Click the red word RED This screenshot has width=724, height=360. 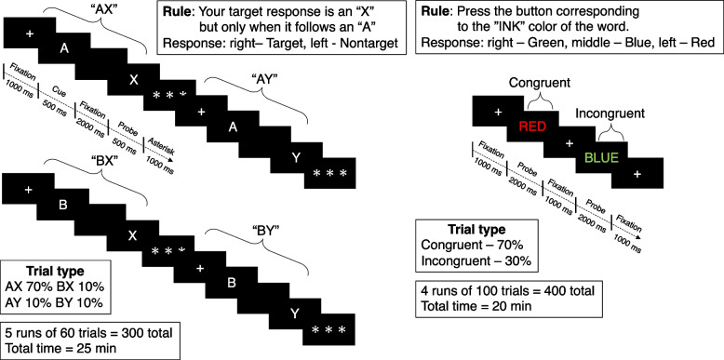tap(533, 127)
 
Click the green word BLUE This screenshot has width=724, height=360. tap(601, 158)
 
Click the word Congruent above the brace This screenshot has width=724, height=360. tap(540, 83)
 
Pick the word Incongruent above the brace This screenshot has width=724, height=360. tap(610, 113)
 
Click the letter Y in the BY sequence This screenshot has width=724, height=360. tap(294, 313)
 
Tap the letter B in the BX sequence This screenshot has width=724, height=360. tap(63, 205)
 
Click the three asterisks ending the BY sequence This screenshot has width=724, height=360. tap(328, 330)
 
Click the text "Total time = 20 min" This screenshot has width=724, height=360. tap(476, 305)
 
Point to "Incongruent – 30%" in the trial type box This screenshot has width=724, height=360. tap(476, 260)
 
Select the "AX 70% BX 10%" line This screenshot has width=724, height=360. tap(56, 287)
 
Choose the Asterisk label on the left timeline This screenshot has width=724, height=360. tap(164, 146)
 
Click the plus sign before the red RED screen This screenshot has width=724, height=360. tap(498, 112)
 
